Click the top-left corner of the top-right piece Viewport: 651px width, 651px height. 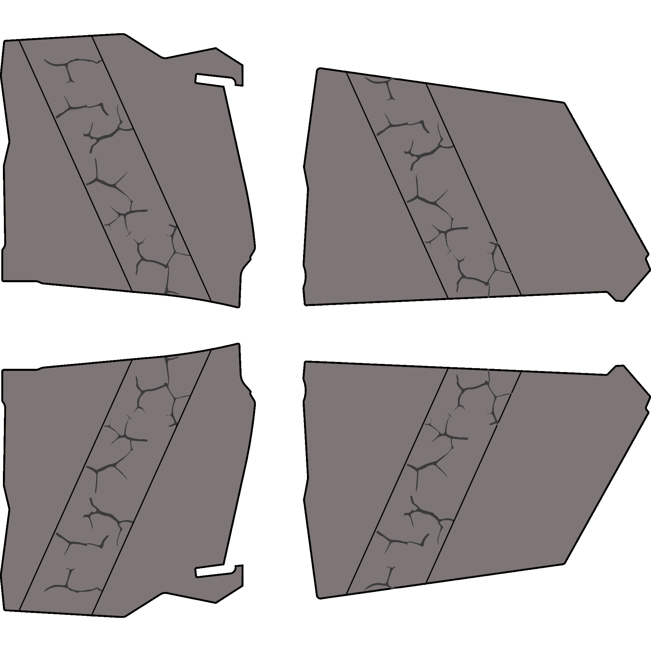coord(319,69)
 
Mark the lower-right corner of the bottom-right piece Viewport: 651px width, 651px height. coord(563,563)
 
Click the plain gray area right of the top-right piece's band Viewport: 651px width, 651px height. coord(539,202)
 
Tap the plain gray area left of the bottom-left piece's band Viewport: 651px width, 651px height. coord(44,472)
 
